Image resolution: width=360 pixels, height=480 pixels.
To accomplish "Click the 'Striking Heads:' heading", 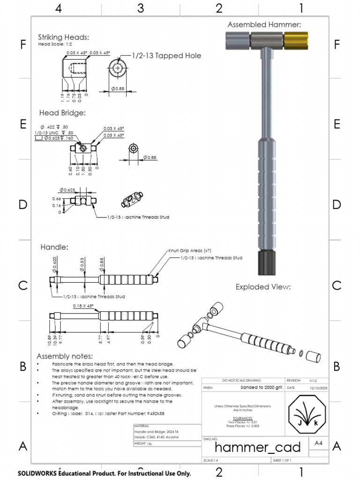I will [x=63, y=37].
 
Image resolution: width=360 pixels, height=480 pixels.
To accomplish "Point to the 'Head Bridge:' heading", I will [x=62, y=113].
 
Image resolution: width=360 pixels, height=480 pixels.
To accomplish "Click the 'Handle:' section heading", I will [x=54, y=247].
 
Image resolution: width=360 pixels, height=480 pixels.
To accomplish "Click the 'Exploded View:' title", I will [x=263, y=287].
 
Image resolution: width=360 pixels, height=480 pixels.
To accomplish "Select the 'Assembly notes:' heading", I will [x=65, y=356].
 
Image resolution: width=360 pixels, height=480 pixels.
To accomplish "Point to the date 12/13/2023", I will [x=317, y=388].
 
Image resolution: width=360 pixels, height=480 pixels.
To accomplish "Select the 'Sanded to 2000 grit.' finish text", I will [x=259, y=388].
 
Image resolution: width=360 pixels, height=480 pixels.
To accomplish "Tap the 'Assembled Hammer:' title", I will [x=264, y=25].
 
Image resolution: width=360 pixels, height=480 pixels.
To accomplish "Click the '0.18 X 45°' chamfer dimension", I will [x=83, y=306].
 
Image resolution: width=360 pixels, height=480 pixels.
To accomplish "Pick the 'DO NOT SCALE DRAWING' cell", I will [x=242, y=380].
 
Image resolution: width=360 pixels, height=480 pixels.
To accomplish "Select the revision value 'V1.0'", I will [x=313, y=381].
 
